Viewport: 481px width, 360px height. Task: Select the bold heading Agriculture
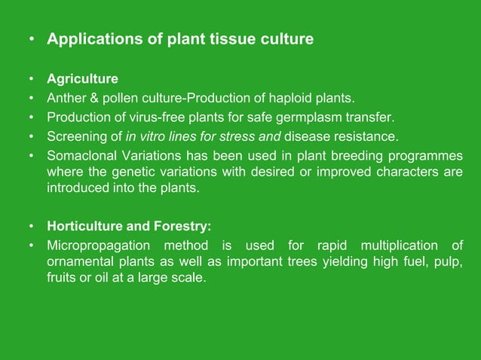[82, 79]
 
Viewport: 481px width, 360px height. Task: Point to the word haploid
[292, 98]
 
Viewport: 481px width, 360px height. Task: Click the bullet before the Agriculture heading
[32, 79]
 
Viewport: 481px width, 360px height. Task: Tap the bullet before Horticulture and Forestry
[32, 225]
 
